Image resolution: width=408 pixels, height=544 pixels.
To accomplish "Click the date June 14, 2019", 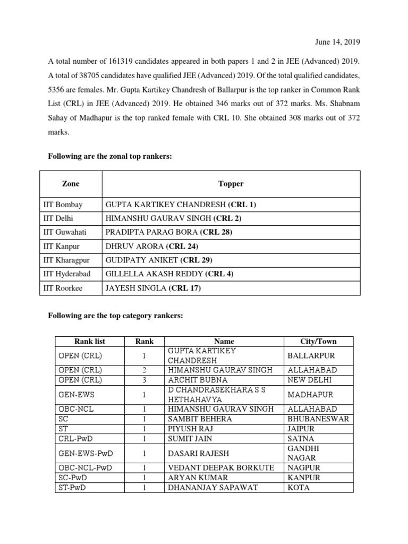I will [340, 42].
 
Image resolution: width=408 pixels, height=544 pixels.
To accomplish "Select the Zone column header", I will [71, 184].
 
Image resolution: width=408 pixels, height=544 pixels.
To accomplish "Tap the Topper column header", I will [231, 184].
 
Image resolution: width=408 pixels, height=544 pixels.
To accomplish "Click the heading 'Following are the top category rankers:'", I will [115, 316].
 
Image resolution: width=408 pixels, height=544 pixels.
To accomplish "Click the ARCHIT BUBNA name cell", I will [198, 380].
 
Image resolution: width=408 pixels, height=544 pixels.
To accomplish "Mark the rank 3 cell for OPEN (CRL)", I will [144, 380].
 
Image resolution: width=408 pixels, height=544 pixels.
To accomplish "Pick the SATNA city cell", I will [301, 439].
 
